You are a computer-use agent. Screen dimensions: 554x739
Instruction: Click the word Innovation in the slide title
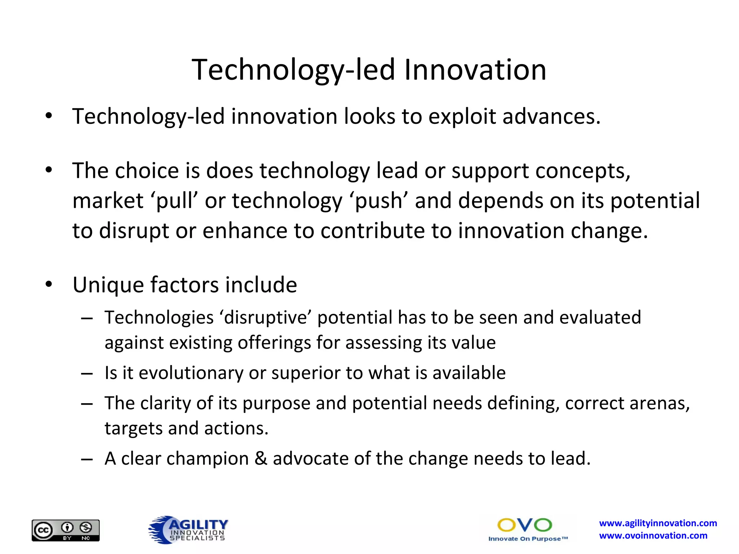(x=475, y=70)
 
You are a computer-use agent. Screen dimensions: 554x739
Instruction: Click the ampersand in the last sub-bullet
(x=261, y=459)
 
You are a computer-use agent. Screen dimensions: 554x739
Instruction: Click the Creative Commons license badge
(x=65, y=530)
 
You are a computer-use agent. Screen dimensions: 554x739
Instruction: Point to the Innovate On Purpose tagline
(x=528, y=539)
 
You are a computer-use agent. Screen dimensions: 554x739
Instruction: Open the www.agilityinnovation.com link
(x=658, y=523)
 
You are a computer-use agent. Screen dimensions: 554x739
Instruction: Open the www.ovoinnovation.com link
(x=653, y=536)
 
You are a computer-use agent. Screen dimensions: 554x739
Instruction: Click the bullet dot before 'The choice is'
(x=49, y=170)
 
